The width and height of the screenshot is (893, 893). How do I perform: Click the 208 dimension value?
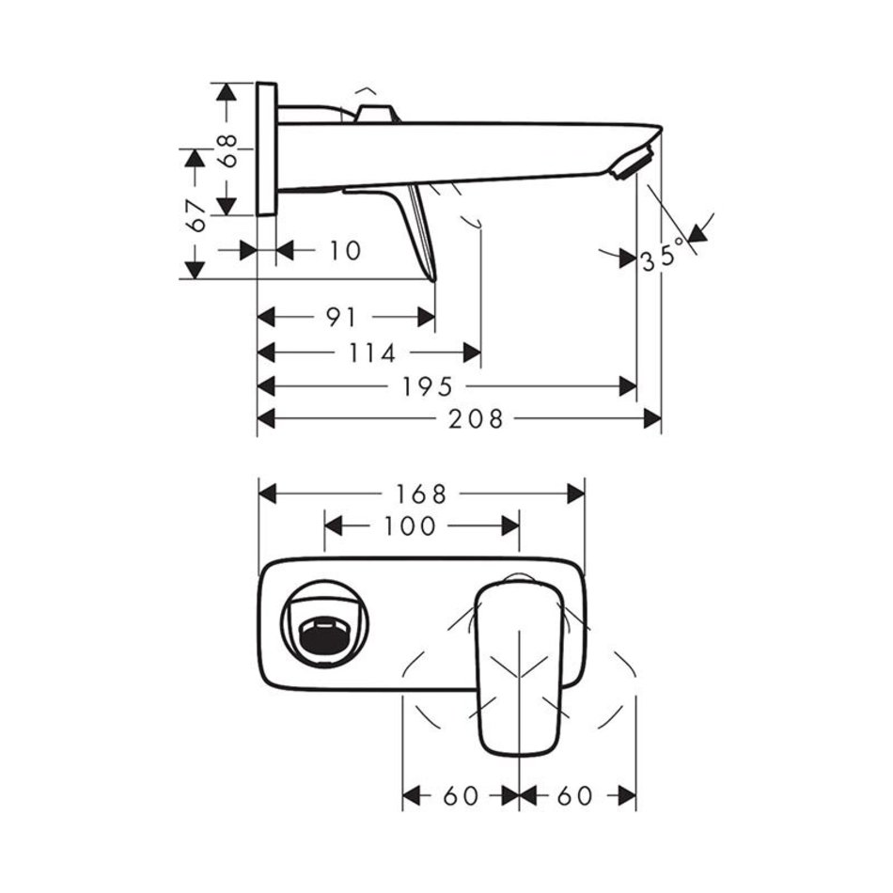[477, 419]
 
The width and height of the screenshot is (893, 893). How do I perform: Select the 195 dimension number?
[428, 387]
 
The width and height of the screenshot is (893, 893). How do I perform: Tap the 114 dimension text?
[372, 353]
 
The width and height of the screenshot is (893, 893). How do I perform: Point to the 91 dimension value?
[341, 317]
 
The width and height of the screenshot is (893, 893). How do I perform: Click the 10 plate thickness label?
[345, 251]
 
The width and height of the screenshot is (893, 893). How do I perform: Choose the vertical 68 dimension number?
[227, 151]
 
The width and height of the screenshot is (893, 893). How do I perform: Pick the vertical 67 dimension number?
[196, 216]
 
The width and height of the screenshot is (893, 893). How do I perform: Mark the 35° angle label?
[663, 255]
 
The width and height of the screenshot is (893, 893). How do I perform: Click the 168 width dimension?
[421, 494]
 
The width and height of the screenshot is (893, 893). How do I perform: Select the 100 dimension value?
[410, 526]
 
